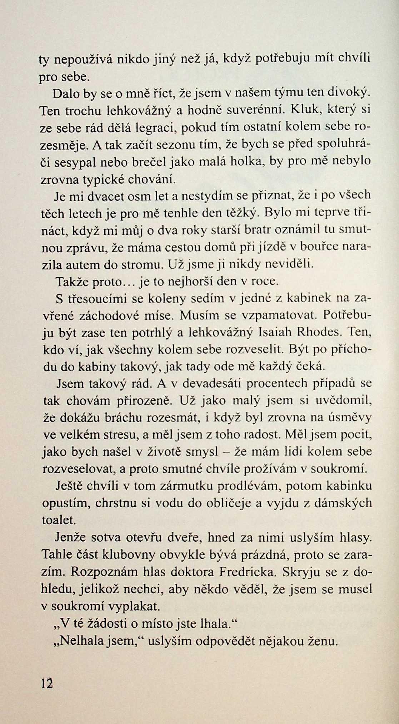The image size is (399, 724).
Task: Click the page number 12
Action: (46, 682)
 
